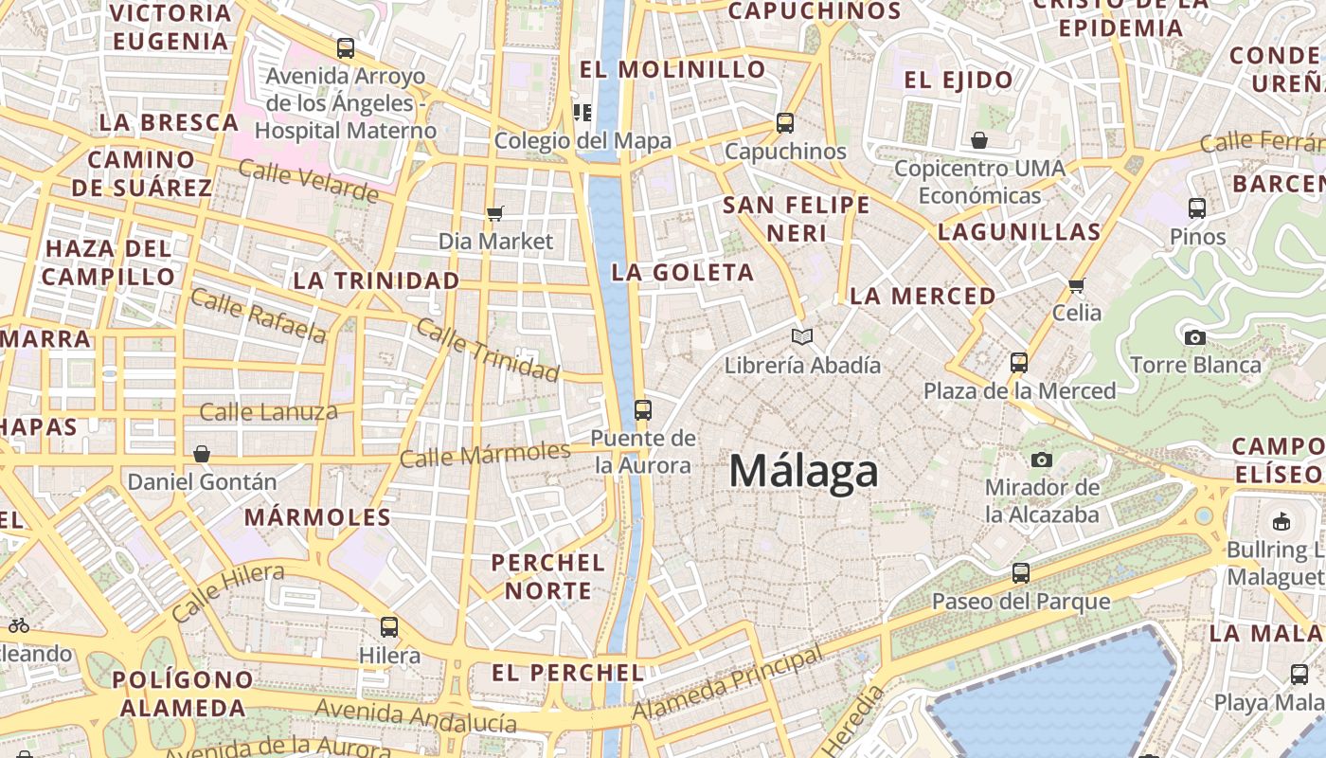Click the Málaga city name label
click(x=804, y=471)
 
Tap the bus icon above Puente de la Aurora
click(x=643, y=410)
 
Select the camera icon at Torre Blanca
click(x=1195, y=337)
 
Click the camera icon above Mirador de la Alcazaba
click(x=1042, y=460)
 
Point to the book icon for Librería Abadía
click(x=802, y=337)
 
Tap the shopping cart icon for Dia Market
click(x=495, y=213)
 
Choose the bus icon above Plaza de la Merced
click(x=1019, y=363)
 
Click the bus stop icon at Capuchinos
click(x=785, y=123)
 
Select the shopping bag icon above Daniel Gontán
click(x=201, y=454)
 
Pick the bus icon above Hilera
click(x=389, y=627)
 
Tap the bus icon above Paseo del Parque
click(x=1021, y=573)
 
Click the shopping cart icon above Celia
click(x=1076, y=285)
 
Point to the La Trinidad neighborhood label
click(x=376, y=280)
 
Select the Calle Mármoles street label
click(x=485, y=454)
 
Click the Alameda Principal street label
click(x=727, y=684)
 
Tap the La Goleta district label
click(x=683, y=273)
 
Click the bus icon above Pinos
click(x=1197, y=208)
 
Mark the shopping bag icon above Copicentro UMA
click(x=979, y=141)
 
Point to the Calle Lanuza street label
click(x=268, y=412)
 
